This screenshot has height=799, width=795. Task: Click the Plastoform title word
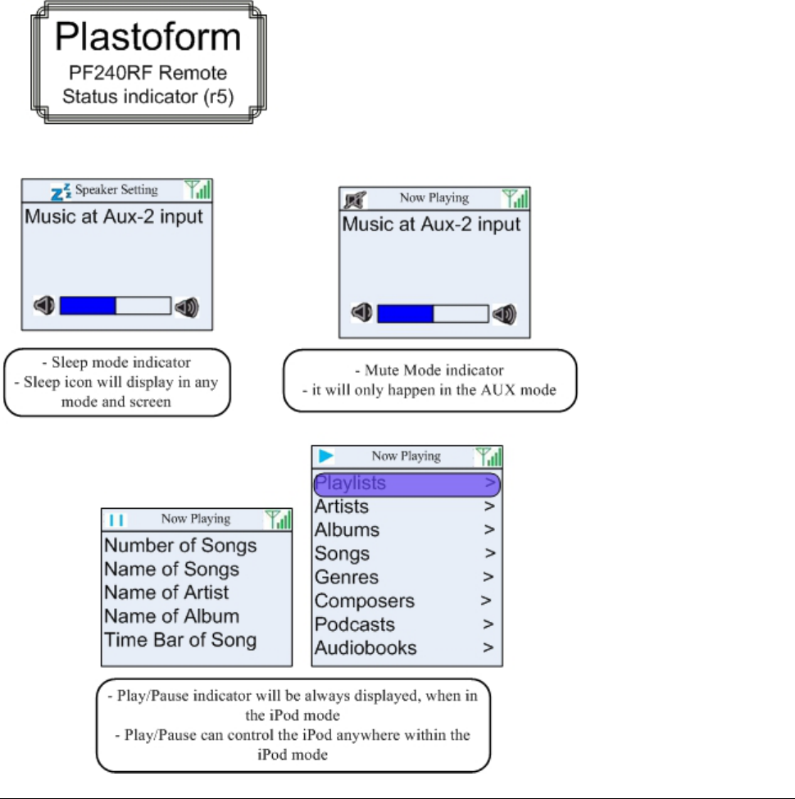click(148, 38)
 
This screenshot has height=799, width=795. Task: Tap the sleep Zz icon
click(61, 191)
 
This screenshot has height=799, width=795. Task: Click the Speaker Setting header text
click(116, 190)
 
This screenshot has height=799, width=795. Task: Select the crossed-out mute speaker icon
click(357, 198)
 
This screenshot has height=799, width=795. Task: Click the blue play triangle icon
click(327, 456)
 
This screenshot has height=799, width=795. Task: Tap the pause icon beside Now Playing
click(116, 519)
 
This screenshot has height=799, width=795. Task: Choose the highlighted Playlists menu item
click(351, 483)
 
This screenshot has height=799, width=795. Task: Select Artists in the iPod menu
click(342, 506)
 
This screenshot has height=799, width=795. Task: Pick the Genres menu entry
click(347, 577)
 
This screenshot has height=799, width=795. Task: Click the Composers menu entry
click(365, 601)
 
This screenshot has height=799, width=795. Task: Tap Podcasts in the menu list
click(355, 624)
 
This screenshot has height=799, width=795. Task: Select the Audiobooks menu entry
click(366, 648)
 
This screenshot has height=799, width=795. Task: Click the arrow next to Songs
click(489, 554)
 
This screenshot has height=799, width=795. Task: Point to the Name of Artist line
click(166, 592)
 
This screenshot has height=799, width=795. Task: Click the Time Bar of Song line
click(180, 640)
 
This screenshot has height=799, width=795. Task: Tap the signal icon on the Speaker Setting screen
click(198, 190)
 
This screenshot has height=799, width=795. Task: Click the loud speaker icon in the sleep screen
click(187, 307)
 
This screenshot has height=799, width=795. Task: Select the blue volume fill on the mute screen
click(405, 314)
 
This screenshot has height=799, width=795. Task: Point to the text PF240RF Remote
click(148, 73)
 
